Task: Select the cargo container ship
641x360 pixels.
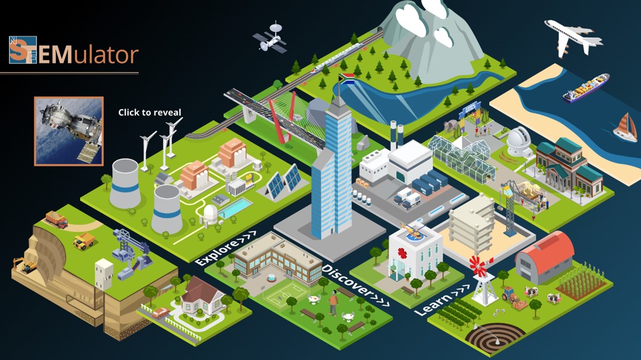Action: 586,88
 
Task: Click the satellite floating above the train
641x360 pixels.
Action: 270,38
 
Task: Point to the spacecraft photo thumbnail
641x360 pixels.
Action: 68,131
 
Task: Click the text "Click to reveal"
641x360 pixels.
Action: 150,112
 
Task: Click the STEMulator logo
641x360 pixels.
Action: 73,51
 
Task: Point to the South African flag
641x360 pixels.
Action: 346,78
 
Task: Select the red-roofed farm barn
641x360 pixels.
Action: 544,257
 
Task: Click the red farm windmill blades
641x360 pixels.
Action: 478,266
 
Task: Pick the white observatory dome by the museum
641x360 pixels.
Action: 519,141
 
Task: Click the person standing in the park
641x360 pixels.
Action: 333,303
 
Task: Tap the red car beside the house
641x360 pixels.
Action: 161,313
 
